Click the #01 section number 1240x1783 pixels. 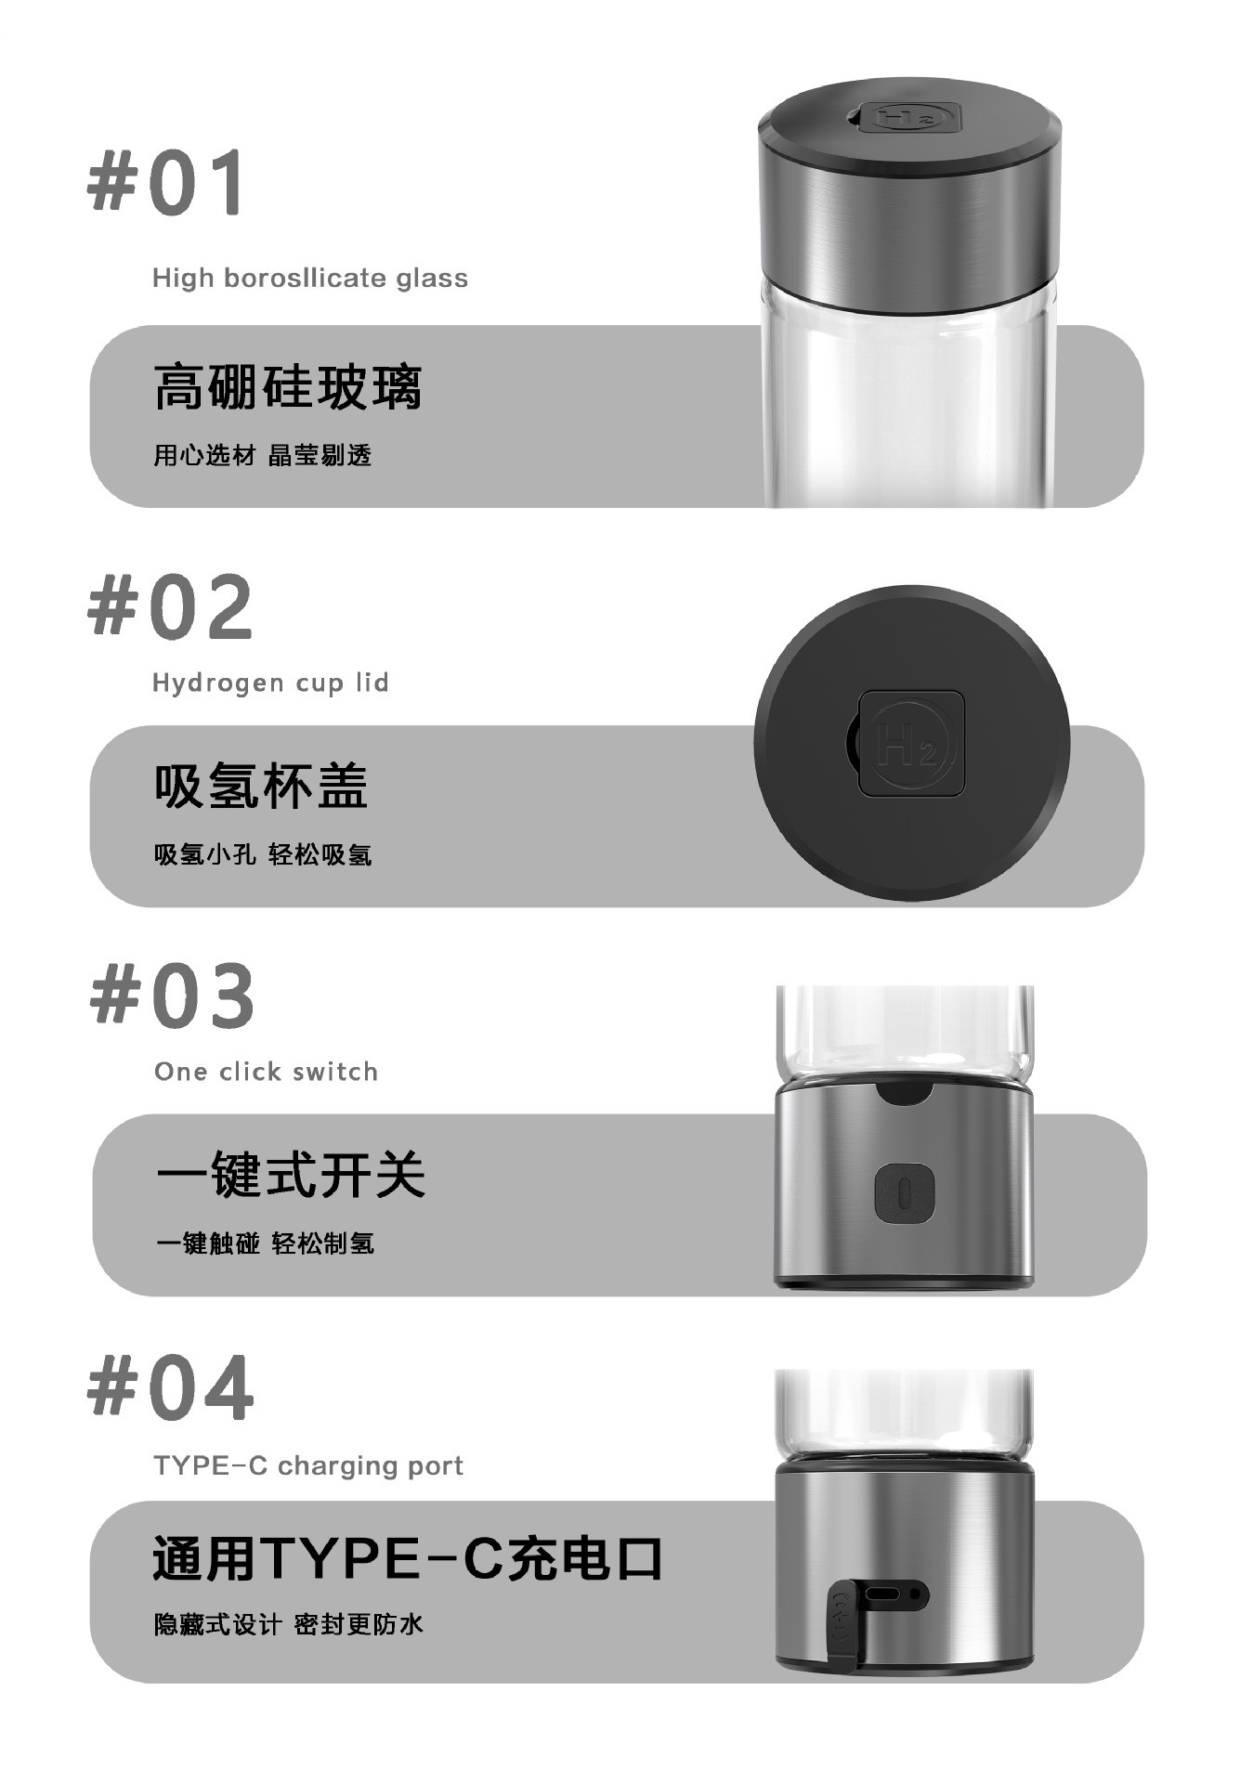click(167, 182)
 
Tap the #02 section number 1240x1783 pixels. click(170, 606)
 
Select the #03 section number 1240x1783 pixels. click(172, 995)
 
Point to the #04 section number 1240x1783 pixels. click(170, 1387)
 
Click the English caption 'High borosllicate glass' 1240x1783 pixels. click(310, 279)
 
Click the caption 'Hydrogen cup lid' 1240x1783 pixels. click(270, 683)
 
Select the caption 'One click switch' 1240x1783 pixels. click(267, 1072)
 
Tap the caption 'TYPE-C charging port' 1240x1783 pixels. click(308, 1465)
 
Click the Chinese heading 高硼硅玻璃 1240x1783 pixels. click(288, 387)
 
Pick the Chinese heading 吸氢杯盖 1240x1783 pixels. click(262, 786)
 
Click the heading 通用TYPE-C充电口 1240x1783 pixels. click(408, 1559)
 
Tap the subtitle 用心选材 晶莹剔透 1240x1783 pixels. click(263, 455)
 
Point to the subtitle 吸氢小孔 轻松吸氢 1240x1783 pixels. click(263, 854)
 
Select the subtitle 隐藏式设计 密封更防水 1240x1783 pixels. click(289, 1624)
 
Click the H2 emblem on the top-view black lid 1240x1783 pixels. click(911, 743)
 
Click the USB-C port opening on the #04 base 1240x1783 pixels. click(883, 1595)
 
